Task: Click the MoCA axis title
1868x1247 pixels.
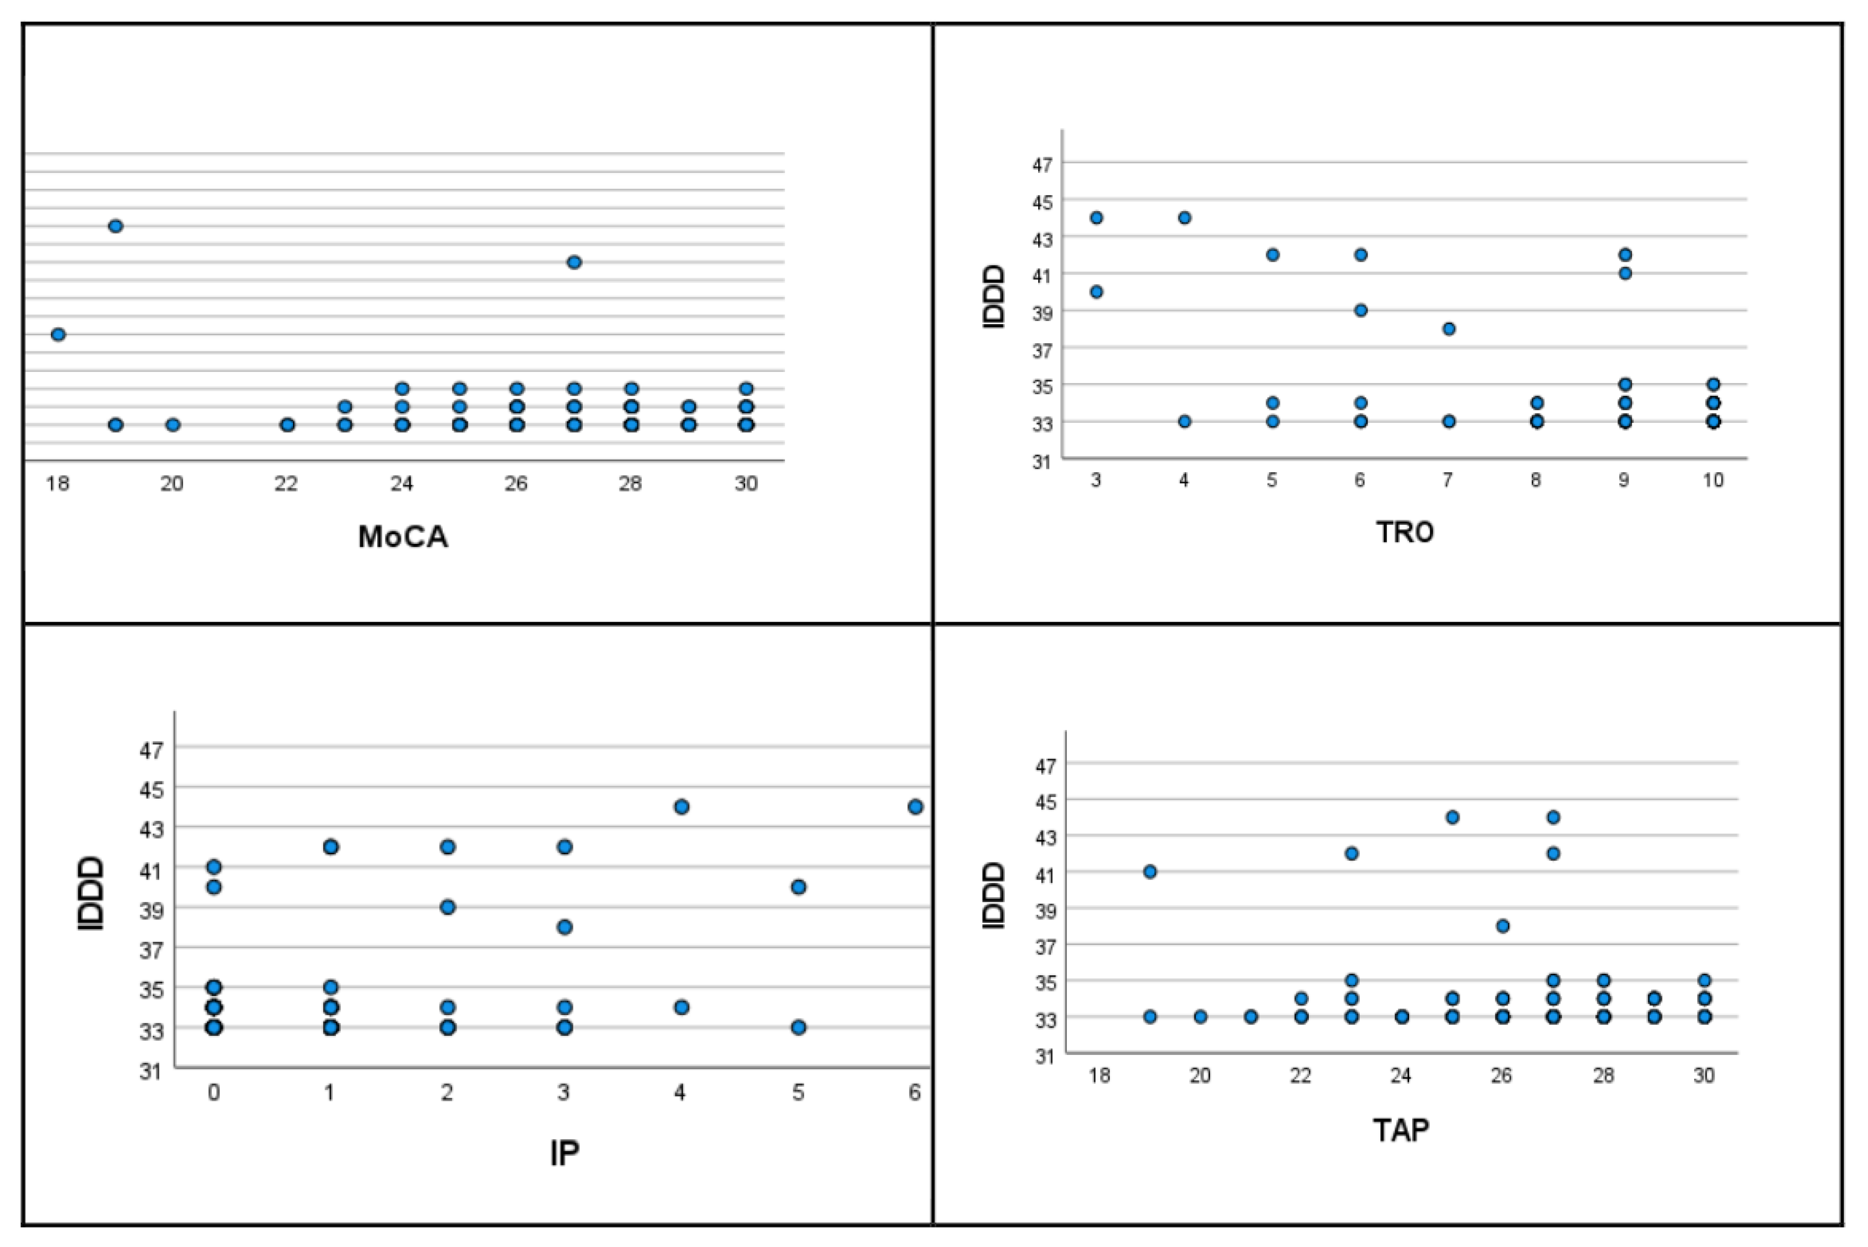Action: [x=403, y=537]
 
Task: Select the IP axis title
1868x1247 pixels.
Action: [x=564, y=1152]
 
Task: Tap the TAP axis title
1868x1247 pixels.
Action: [x=1401, y=1129]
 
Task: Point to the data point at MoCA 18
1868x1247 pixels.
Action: [x=58, y=334]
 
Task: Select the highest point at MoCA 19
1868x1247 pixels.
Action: [x=115, y=226]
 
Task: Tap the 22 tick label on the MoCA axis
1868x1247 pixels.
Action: [x=286, y=483]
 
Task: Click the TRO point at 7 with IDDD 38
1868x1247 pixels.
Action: [x=1449, y=329]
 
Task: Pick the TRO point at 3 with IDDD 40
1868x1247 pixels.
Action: [x=1096, y=292]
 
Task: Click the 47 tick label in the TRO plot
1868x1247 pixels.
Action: [x=1042, y=165]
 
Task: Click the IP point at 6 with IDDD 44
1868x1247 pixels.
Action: [x=915, y=806]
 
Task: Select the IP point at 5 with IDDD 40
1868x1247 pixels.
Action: [x=799, y=887]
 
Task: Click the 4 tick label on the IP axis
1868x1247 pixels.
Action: [x=680, y=1093]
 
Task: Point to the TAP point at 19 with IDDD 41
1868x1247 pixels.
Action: [x=1150, y=871]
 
